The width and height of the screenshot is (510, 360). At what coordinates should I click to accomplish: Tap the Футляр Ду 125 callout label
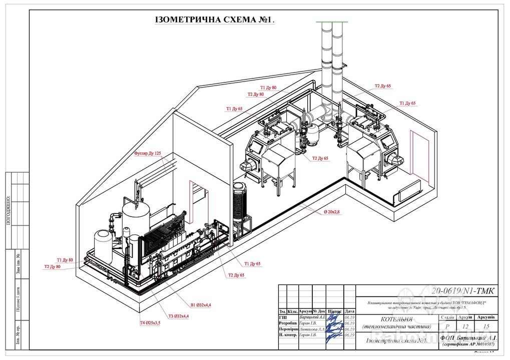click(147, 153)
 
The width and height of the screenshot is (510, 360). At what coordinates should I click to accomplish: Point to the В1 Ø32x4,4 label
click(201, 304)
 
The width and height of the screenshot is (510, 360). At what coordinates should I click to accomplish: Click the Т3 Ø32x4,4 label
click(178, 315)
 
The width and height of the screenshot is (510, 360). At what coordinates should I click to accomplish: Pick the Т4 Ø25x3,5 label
click(150, 322)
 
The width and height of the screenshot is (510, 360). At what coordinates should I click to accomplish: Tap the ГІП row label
click(283, 317)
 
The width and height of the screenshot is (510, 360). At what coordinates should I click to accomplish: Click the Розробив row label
click(288, 323)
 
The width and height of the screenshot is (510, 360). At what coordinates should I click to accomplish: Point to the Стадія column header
click(446, 316)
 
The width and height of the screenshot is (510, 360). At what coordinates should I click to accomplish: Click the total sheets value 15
click(486, 326)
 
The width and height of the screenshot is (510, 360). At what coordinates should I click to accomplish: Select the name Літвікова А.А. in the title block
click(312, 329)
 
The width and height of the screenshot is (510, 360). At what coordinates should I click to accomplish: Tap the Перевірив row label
click(288, 329)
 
